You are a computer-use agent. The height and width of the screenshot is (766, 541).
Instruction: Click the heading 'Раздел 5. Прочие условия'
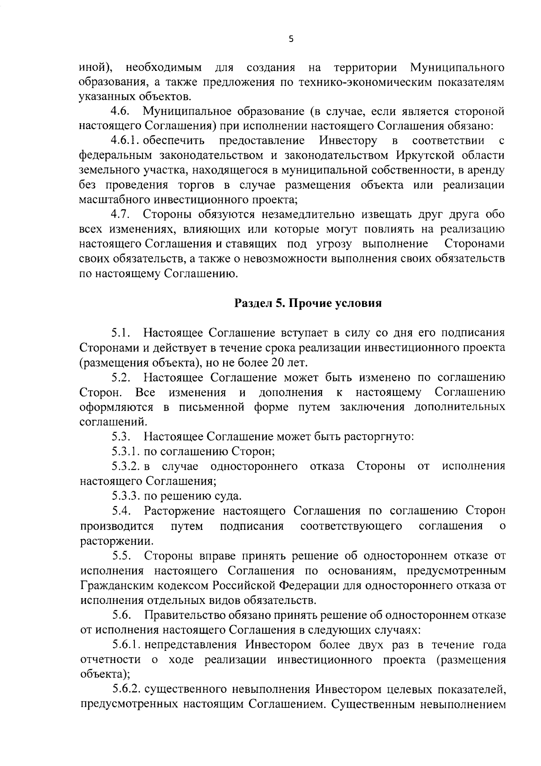(308, 303)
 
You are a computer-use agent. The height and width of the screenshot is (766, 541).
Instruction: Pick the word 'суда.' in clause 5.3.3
(229, 496)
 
